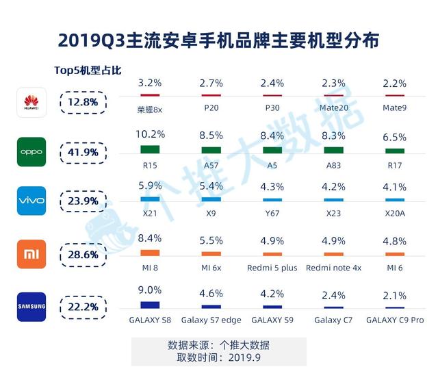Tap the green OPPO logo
(x=31, y=151)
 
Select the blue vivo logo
(x=31, y=201)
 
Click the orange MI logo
(x=31, y=253)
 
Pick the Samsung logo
(x=31, y=306)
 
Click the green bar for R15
(x=149, y=149)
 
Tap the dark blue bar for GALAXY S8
(x=149, y=305)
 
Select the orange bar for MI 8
(x=149, y=253)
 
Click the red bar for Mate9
(x=395, y=95)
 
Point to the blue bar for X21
(x=149, y=199)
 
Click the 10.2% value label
(x=150, y=134)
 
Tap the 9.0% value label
(x=150, y=290)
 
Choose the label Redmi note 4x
(x=333, y=268)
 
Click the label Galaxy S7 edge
(x=211, y=320)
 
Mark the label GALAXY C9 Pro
(x=395, y=320)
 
